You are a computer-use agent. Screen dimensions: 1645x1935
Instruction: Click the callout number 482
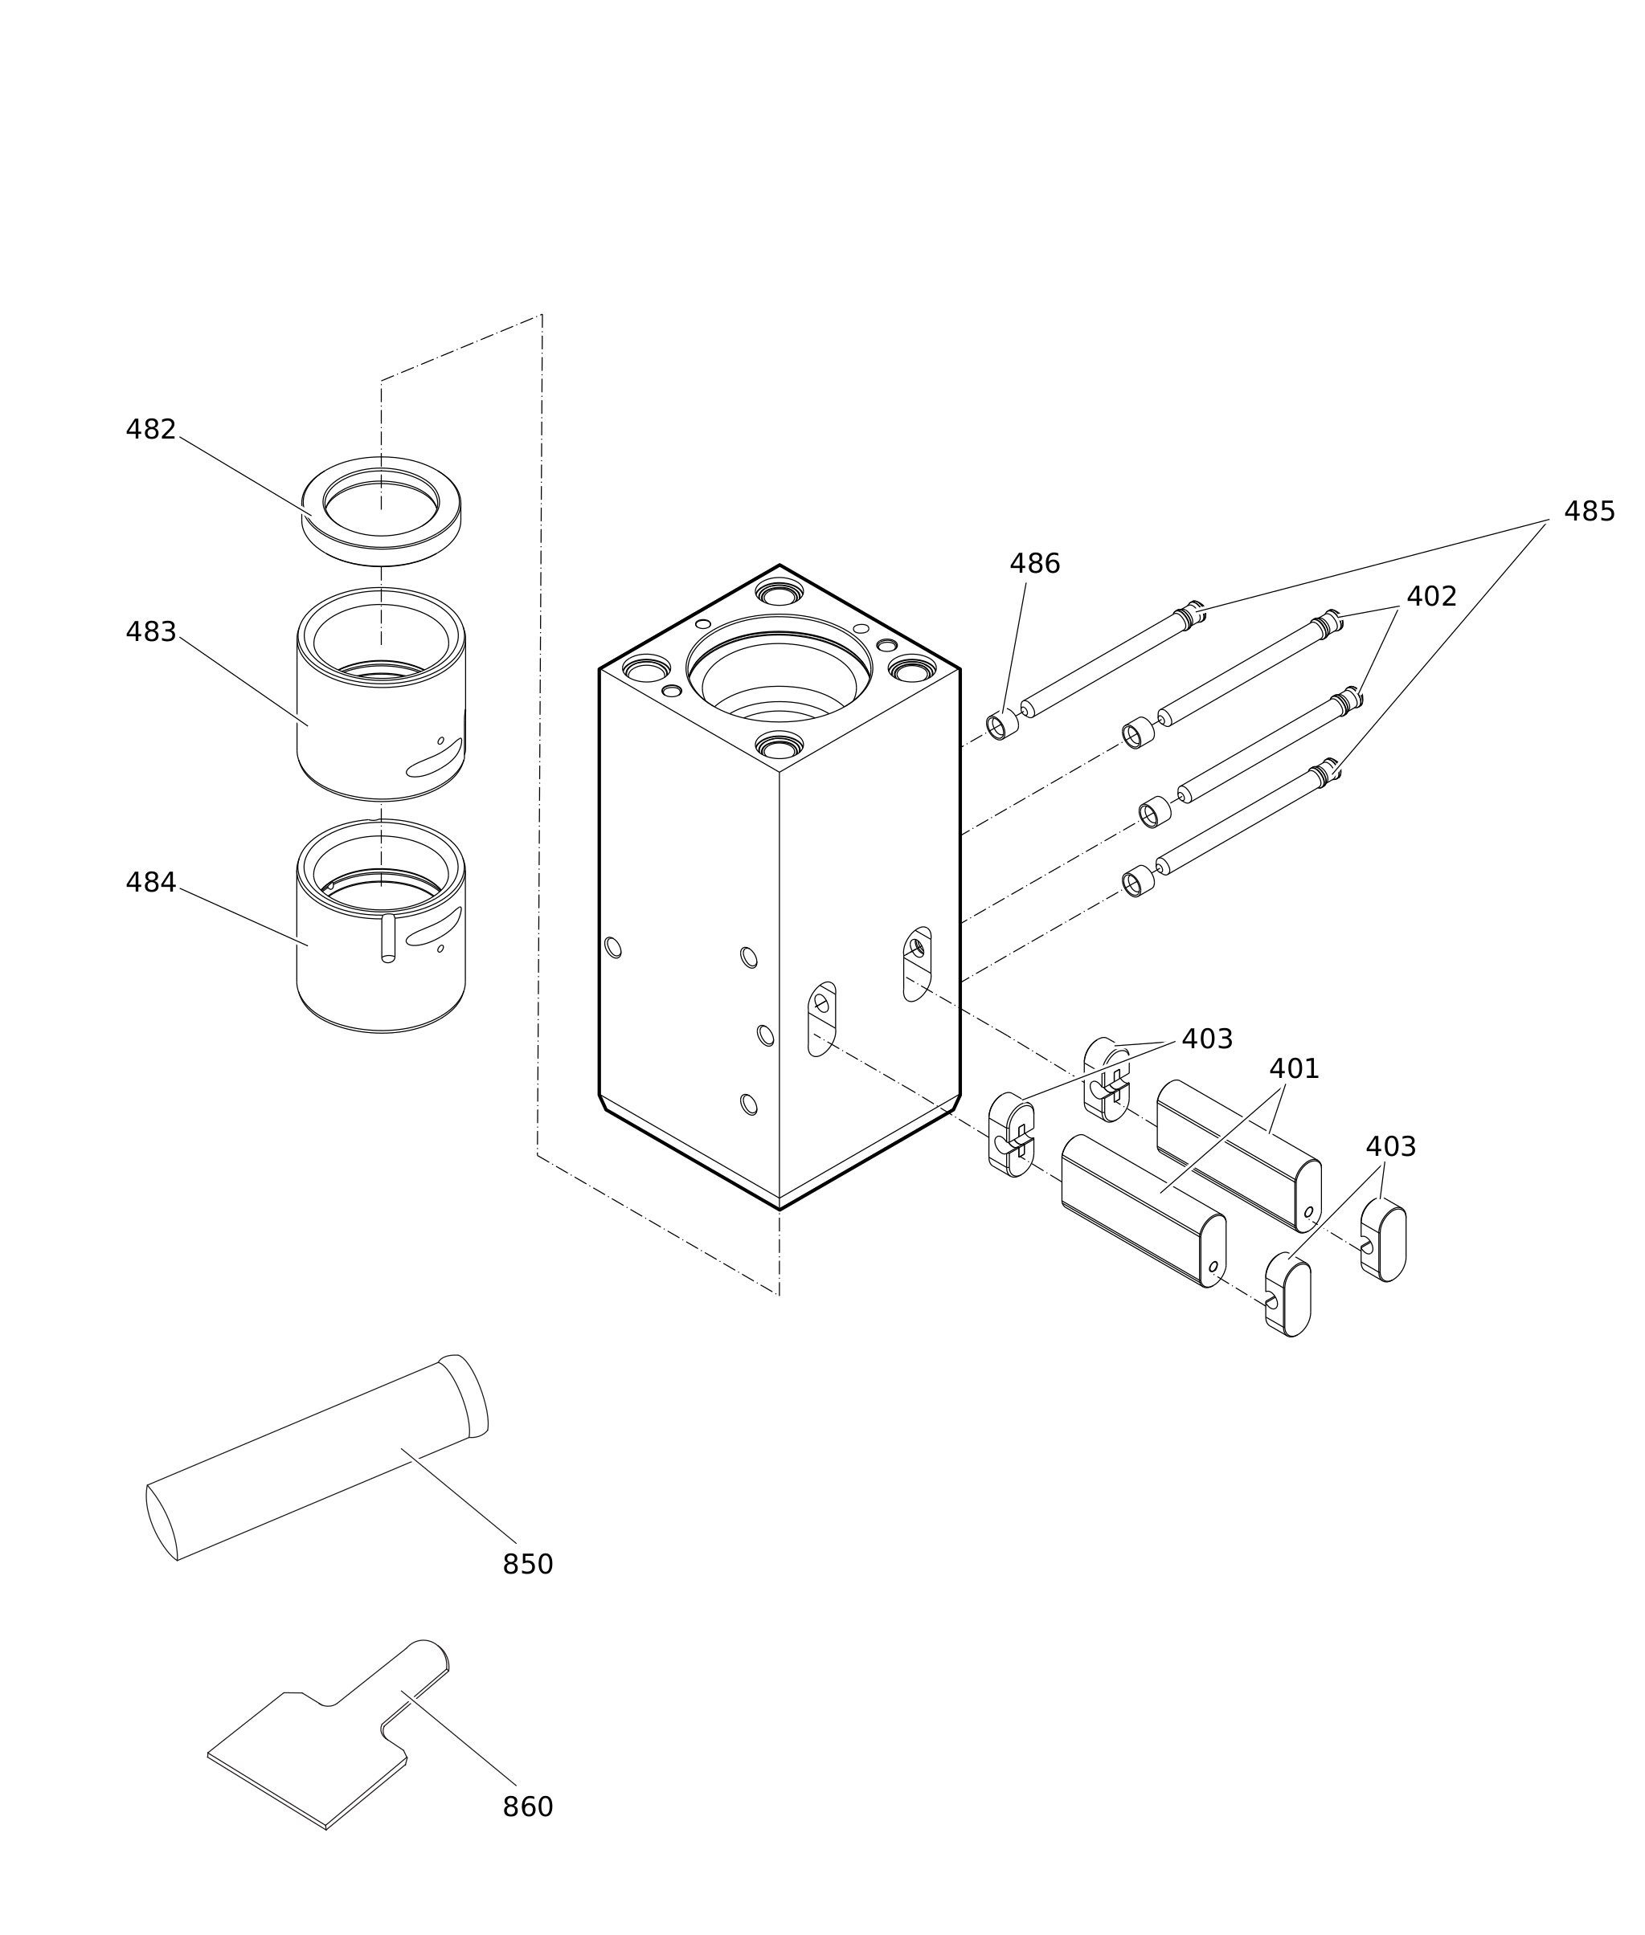(x=151, y=431)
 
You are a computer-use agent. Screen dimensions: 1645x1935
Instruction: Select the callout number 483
(x=151, y=633)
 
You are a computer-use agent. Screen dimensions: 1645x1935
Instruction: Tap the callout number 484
(x=151, y=883)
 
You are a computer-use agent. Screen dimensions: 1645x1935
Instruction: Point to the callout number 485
(x=1589, y=512)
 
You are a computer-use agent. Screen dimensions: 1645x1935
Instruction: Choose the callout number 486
(x=1035, y=565)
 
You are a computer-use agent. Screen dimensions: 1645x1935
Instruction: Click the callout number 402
(x=1431, y=598)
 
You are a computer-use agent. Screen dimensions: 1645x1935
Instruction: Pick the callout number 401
(x=1295, y=1070)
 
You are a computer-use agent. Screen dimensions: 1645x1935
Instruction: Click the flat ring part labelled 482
(x=382, y=550)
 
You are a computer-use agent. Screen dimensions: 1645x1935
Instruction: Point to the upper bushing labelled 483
(x=382, y=745)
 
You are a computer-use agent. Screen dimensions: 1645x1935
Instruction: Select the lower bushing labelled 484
(x=382, y=988)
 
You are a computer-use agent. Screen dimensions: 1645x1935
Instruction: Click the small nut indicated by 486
(x=1002, y=725)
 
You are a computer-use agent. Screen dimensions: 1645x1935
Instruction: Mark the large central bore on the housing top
(x=780, y=669)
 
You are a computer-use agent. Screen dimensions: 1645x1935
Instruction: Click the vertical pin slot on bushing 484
(x=388, y=937)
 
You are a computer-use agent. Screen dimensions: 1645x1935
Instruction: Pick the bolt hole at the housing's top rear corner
(x=780, y=593)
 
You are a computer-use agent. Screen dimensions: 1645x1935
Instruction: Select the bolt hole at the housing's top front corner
(x=780, y=745)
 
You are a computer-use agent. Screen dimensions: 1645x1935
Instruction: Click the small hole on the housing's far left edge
(x=612, y=948)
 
